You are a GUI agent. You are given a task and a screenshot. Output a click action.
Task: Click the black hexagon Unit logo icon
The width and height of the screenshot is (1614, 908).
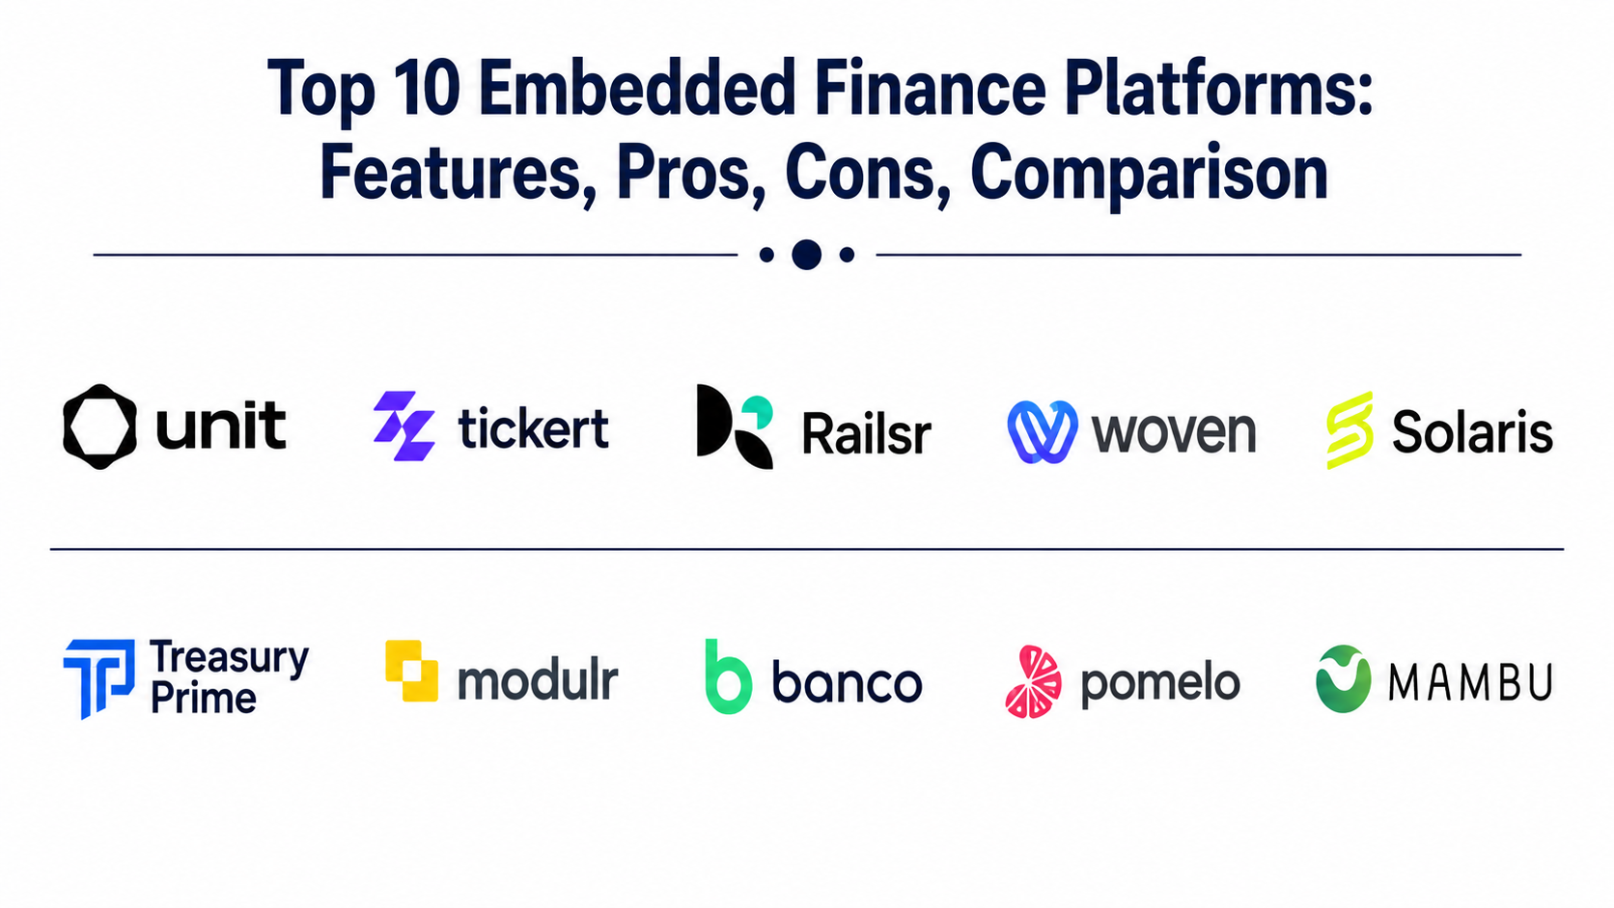99,426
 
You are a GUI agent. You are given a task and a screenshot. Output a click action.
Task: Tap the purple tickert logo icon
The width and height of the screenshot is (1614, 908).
404,426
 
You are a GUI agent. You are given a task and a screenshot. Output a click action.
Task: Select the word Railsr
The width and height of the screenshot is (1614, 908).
867,434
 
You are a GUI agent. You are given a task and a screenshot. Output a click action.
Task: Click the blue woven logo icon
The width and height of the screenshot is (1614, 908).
1043,431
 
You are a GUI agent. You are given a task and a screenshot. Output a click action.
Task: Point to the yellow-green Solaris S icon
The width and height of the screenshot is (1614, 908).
1350,430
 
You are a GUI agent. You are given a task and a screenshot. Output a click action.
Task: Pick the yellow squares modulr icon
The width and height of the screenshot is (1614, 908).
411,671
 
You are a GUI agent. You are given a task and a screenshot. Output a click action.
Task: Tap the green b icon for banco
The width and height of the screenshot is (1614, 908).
729,676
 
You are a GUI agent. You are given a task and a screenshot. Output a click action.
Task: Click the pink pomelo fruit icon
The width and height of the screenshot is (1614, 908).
1033,682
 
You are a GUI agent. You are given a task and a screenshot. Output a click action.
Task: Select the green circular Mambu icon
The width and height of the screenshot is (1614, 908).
1343,678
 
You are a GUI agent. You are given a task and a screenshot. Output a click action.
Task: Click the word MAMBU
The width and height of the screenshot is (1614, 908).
1470,682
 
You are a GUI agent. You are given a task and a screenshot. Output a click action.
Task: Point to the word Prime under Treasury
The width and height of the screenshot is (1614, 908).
204,699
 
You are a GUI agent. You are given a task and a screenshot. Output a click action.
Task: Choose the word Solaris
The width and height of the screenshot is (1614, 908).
1472,431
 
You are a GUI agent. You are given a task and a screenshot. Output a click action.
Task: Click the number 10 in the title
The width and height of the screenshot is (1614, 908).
428,90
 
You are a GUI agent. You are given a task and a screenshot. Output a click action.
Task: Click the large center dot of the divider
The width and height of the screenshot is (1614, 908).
806,254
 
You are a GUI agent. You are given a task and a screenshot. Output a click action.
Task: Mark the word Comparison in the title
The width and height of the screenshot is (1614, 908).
1150,175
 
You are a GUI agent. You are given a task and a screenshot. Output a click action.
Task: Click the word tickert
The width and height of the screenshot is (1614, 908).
533,428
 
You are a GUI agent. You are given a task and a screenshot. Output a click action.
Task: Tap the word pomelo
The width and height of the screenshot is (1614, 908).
1160,684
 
